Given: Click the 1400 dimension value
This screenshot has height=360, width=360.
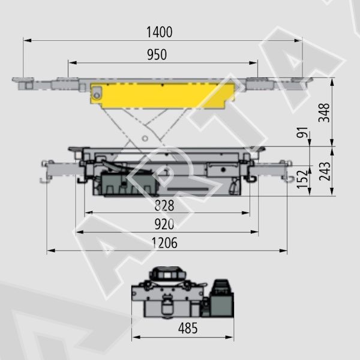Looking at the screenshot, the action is pos(160,32).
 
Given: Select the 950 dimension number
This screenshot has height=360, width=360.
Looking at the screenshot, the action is pos(157,55).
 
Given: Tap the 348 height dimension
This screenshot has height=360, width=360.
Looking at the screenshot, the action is pos(324,113).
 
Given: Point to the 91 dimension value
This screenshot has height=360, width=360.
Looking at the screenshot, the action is pos(302,132).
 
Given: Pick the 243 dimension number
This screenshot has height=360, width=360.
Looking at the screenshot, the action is pos(325,171).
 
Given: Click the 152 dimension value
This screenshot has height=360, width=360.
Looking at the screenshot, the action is pos(302,179).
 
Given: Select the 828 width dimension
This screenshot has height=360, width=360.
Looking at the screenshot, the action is pos(164,205).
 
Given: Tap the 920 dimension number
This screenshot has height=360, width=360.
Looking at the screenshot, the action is pos(164,224).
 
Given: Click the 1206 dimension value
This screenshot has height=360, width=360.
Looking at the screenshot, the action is pos(164,243).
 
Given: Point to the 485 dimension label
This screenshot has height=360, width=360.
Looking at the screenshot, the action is pos(188,328).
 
